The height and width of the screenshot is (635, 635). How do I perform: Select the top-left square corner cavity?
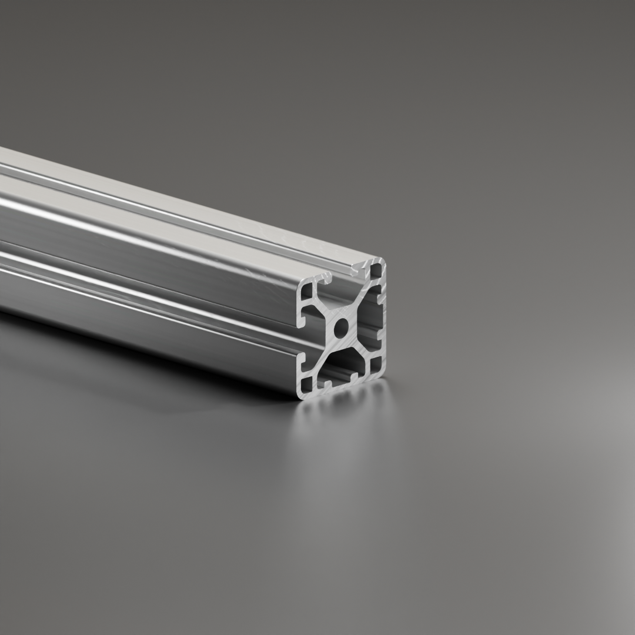pos(307,291)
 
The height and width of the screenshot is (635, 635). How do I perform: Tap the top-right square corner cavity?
pos(375,272)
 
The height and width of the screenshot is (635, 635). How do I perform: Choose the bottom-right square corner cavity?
pos(376,365)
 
